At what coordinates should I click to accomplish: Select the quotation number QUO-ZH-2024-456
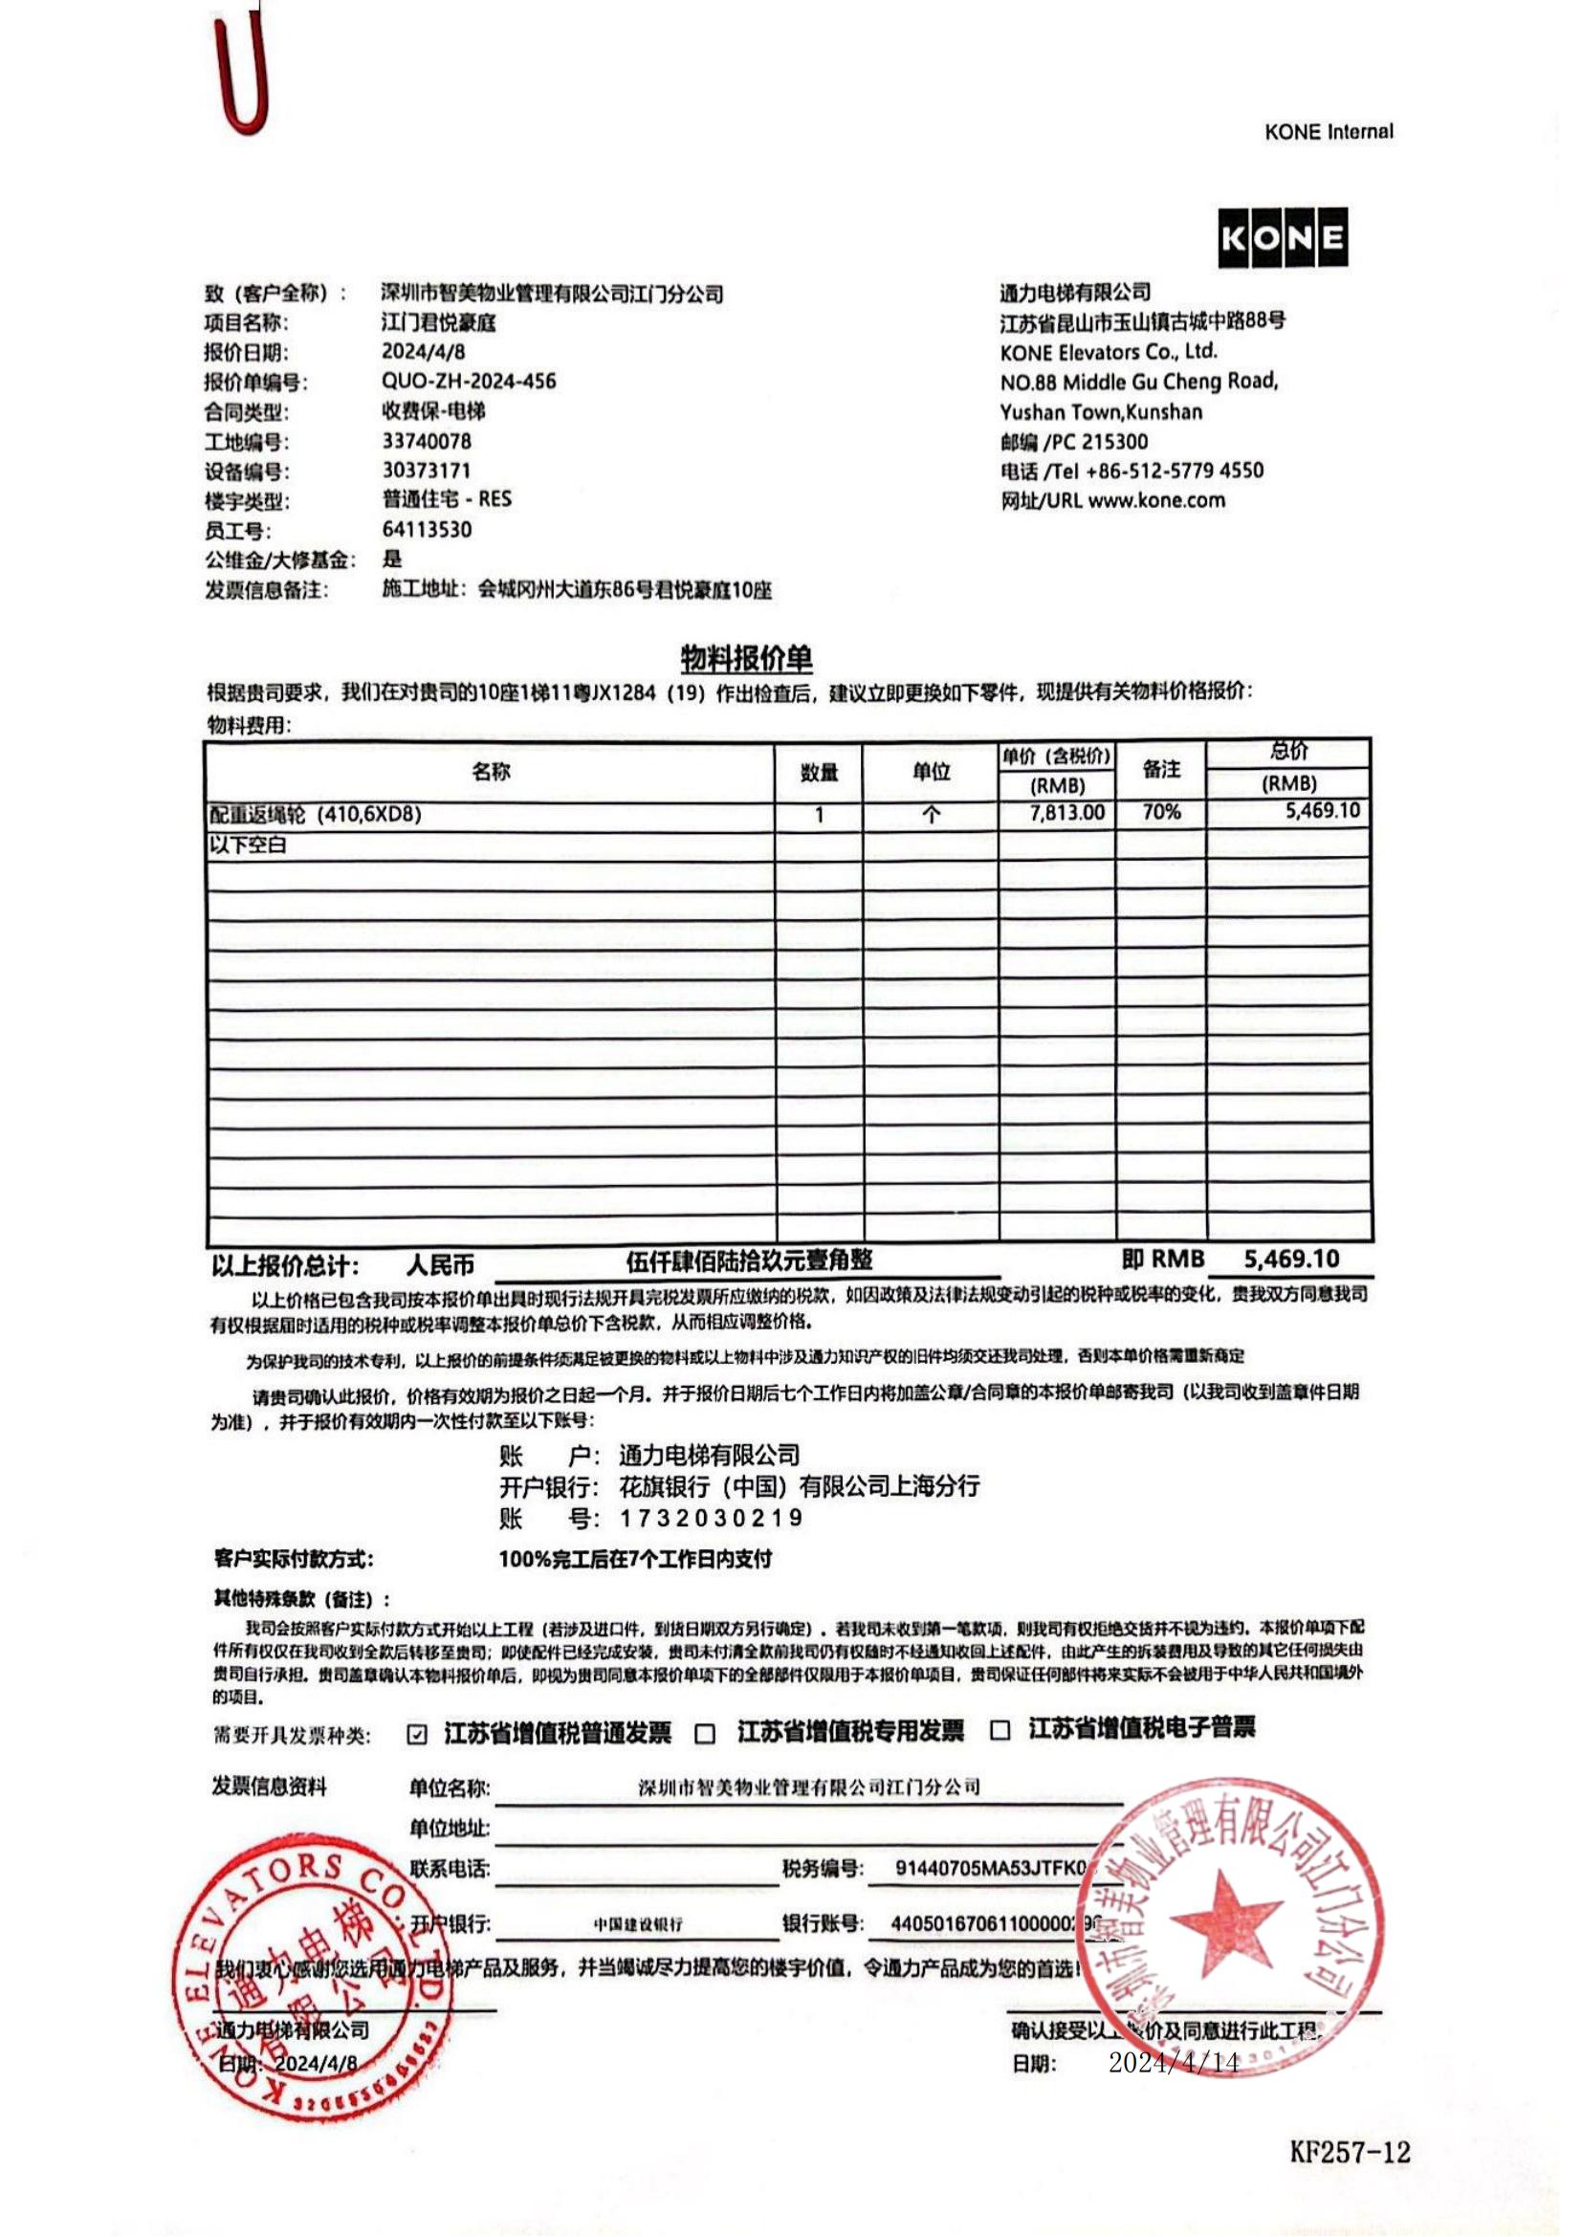coord(469,381)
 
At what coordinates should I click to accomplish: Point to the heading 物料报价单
coord(746,659)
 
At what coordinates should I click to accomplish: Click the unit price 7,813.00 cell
coord(1067,813)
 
